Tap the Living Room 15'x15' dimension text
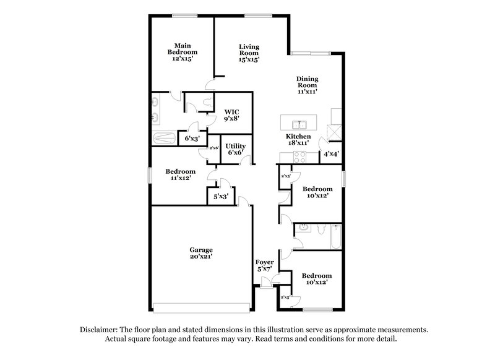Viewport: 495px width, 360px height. pos(249,60)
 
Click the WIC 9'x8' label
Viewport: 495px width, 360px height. pos(231,112)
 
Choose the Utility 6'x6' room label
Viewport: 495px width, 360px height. pos(235,146)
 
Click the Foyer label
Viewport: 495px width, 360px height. pos(265,262)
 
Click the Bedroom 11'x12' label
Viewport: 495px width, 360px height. pos(180,174)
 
